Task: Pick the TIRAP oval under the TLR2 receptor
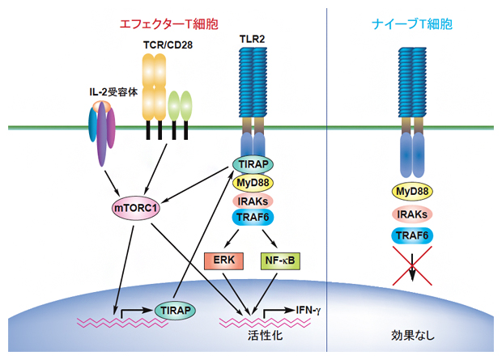253,164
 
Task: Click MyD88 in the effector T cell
253,182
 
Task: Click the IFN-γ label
308,310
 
